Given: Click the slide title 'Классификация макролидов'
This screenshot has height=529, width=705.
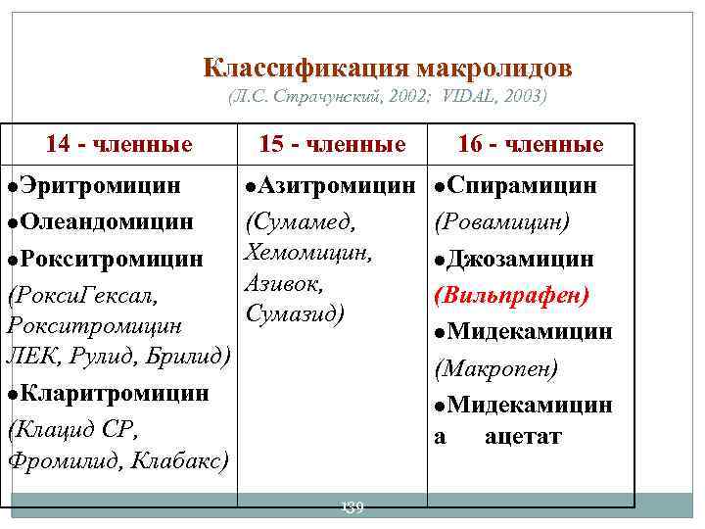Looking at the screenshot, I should (x=387, y=69).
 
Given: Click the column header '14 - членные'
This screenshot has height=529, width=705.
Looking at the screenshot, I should (x=118, y=145).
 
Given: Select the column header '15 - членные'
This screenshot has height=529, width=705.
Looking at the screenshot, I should (x=332, y=145).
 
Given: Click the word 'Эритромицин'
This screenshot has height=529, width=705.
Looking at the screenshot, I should (x=101, y=185).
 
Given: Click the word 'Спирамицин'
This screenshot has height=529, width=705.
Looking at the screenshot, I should (x=529, y=185).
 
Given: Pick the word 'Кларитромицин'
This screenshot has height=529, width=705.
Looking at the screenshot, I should (x=115, y=393).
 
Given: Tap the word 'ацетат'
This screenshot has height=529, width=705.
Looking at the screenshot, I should (x=523, y=437).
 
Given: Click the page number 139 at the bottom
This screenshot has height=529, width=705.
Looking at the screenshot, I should (x=350, y=506).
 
